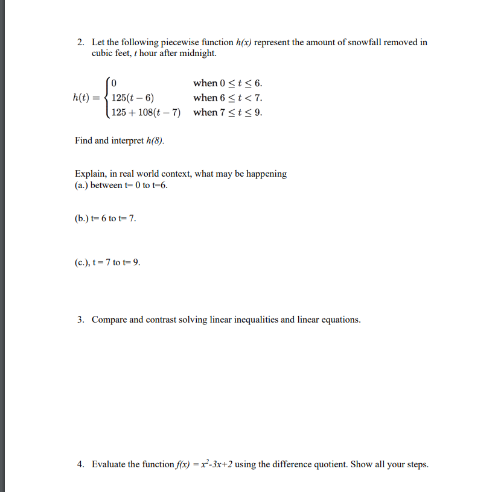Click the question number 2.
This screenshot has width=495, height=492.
(x=80, y=42)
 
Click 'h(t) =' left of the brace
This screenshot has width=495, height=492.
(x=86, y=98)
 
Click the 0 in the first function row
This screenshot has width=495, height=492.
(x=115, y=83)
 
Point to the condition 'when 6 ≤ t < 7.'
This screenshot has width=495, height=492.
(x=228, y=98)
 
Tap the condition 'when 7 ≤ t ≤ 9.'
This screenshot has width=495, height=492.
(x=228, y=112)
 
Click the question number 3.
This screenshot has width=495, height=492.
(x=80, y=320)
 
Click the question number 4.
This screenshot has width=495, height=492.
(x=80, y=464)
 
